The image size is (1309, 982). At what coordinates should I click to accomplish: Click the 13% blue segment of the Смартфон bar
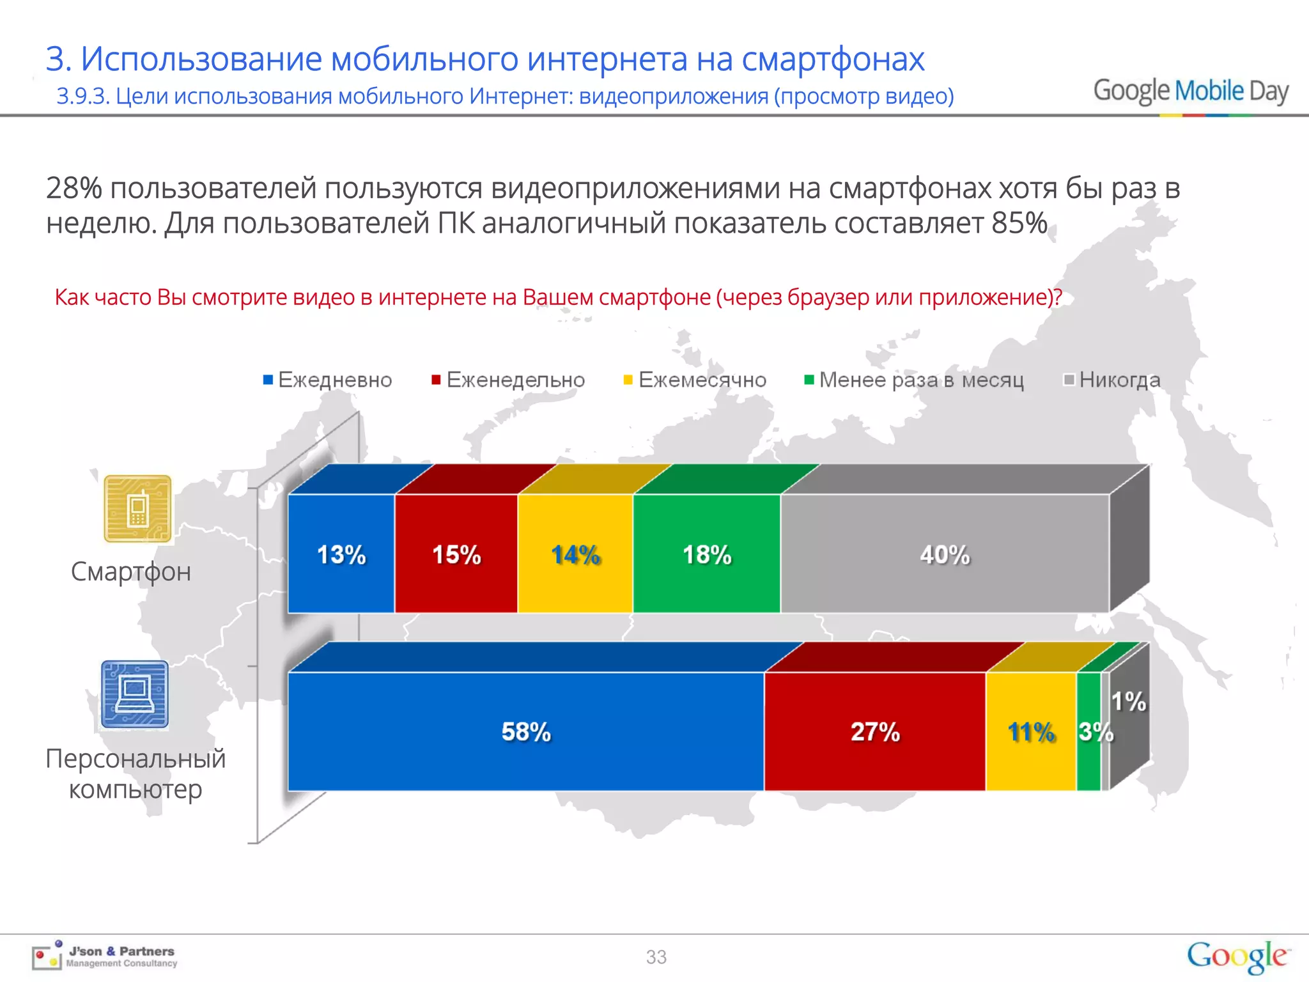pos(341,554)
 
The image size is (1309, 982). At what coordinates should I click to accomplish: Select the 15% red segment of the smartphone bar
pos(456,554)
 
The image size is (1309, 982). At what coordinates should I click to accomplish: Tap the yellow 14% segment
pos(575,554)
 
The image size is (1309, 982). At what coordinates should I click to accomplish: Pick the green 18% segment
pos(706,554)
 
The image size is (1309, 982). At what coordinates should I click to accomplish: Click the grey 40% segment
pos(945,554)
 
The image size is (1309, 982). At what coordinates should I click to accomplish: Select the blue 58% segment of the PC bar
pos(525,731)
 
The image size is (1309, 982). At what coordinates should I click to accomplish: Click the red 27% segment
pos(874,731)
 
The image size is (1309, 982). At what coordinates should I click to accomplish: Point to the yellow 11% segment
pos(1031,731)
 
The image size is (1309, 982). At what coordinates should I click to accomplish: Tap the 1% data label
pos(1129,701)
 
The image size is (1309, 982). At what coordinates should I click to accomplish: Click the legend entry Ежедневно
pos(328,380)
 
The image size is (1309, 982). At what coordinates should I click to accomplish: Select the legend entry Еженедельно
pos(508,380)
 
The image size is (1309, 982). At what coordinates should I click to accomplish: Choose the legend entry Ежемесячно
pos(695,380)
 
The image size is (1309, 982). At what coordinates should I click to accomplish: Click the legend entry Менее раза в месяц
pos(914,380)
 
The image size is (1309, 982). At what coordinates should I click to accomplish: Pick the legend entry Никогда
pos(1112,380)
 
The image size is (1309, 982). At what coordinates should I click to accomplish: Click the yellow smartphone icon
pos(137,509)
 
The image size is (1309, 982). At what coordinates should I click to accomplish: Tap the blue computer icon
pos(135,695)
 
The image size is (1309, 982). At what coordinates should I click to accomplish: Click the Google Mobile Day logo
pos(1190,91)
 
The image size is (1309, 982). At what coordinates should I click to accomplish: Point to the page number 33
pos(656,957)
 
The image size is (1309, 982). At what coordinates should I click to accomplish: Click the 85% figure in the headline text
pos(1019,224)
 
